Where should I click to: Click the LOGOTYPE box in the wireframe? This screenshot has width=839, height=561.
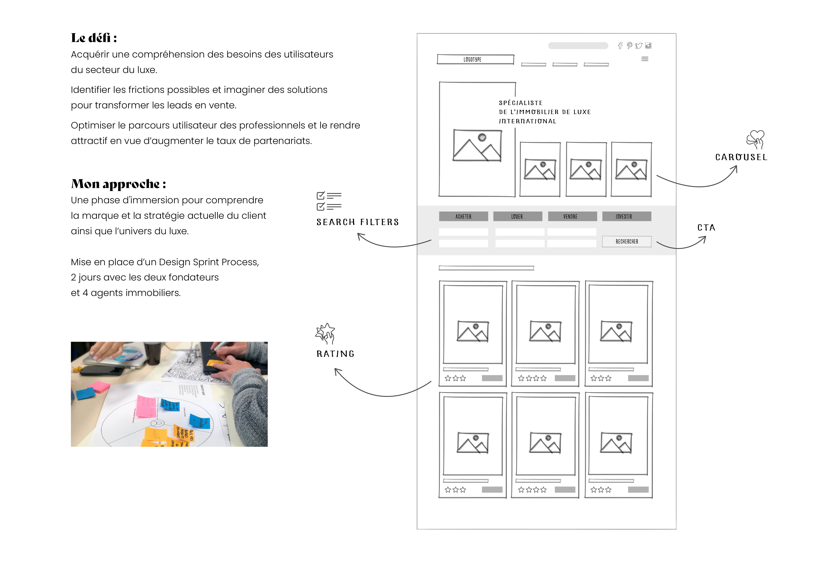click(475, 59)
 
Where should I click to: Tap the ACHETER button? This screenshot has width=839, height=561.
click(463, 216)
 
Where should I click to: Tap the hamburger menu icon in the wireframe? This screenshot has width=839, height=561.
click(645, 59)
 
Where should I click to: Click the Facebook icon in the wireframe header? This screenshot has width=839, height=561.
click(620, 46)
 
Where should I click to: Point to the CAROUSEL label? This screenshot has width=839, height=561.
click(741, 157)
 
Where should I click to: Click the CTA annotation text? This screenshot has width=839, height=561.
click(706, 228)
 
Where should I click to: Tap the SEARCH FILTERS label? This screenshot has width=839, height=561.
click(357, 222)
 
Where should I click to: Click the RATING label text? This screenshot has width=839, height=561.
click(335, 354)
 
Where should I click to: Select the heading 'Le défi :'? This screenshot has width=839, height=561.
click(94, 38)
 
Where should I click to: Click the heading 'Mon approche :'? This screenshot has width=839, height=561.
click(118, 184)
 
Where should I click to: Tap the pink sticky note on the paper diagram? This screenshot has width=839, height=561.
click(146, 406)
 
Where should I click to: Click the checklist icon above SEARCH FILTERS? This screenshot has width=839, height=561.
click(329, 201)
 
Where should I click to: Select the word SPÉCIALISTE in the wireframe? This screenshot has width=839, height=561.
click(521, 103)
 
